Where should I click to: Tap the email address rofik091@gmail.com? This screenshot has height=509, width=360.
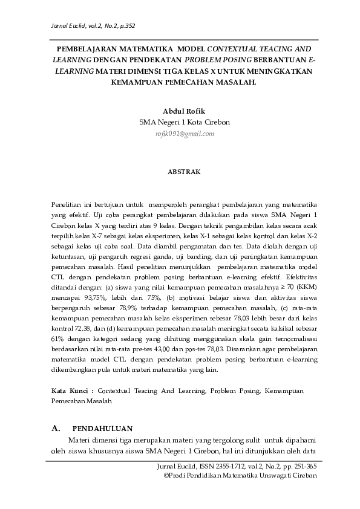185,133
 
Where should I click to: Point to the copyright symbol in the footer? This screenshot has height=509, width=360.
167,476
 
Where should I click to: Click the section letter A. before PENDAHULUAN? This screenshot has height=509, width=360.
56,429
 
